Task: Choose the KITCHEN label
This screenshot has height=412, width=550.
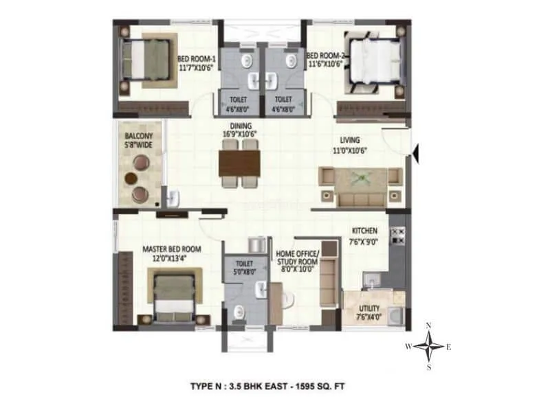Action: [364, 231]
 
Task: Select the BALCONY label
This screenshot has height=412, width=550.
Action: [138, 135]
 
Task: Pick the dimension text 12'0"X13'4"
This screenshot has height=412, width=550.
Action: [172, 258]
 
